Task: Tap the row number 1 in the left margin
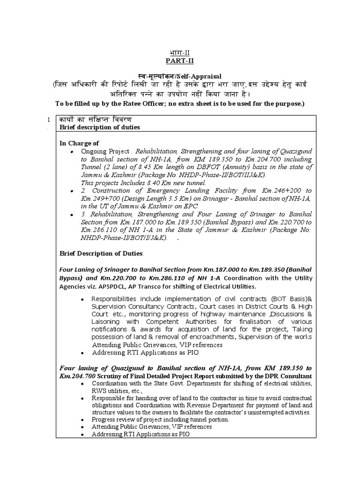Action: coord(49,120)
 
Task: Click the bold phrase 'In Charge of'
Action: coord(79,143)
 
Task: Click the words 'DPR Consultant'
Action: coord(288,376)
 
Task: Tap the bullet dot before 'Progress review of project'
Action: coord(83,420)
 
